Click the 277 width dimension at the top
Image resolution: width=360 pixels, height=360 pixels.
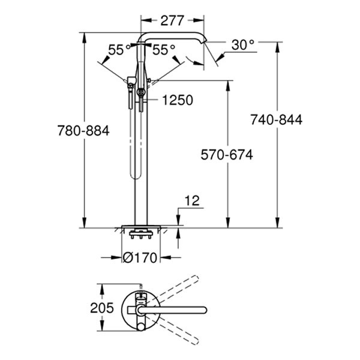(172, 20)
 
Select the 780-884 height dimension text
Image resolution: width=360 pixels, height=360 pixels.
(83, 131)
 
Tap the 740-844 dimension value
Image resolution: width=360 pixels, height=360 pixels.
(276, 119)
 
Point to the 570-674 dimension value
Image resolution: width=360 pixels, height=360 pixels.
(227, 155)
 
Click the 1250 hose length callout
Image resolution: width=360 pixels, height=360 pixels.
(178, 100)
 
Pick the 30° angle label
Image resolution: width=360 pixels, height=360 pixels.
(243, 45)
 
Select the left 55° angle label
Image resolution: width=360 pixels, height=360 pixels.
(119, 50)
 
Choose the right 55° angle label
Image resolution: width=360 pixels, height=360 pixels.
(164, 50)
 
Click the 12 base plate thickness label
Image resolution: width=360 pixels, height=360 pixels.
(192, 201)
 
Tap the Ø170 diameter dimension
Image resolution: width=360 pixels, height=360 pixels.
(140, 257)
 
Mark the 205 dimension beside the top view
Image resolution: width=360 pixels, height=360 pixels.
(102, 308)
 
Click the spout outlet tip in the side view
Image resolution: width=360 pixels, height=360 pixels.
(205, 42)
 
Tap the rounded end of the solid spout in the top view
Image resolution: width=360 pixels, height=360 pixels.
(204, 310)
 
